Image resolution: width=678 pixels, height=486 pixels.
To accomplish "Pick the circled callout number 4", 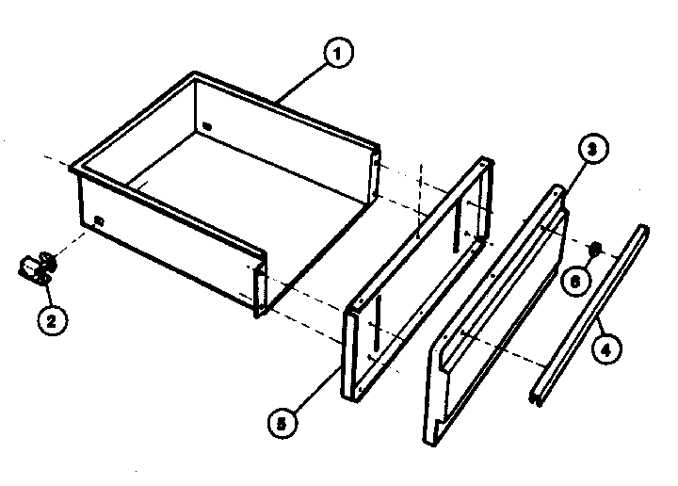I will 607,352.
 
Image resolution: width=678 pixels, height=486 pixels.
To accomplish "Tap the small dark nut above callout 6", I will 594,250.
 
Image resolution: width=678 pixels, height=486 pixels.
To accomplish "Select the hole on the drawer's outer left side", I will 98,221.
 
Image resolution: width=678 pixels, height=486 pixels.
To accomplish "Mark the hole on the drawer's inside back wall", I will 208,124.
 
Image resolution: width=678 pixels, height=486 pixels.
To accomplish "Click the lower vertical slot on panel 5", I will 374,320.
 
